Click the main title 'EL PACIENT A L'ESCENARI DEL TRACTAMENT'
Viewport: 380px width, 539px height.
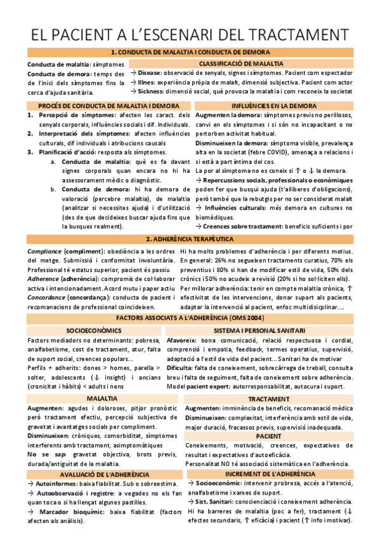pyautogui.click(x=190, y=32)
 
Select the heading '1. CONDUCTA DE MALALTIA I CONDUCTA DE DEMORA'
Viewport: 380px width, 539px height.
pyautogui.click(x=190, y=52)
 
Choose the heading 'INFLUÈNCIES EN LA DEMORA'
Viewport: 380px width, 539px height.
pyautogui.click(x=274, y=106)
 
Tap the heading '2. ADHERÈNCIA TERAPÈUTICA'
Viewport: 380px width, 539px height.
pyautogui.click(x=190, y=239)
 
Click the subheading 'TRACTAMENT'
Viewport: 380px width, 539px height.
pyautogui.click(x=269, y=398)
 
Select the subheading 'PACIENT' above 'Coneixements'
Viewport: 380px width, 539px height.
pyautogui.click(x=269, y=436)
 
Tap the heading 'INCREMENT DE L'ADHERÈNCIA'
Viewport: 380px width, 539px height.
pyautogui.click(x=270, y=474)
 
